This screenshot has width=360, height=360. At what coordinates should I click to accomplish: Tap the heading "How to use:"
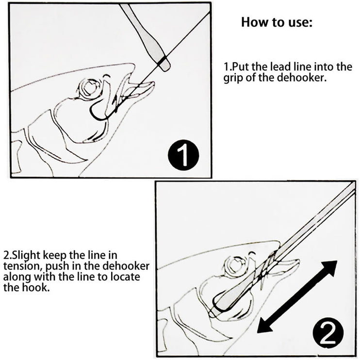pyautogui.click(x=277, y=22)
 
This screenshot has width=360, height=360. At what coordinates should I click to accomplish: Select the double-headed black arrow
pyautogui.click(x=297, y=296)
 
